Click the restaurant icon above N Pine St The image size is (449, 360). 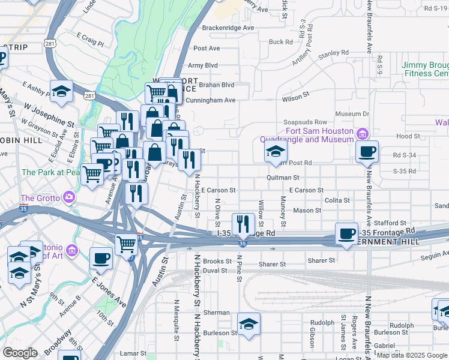pyautogui.click(x=243, y=224)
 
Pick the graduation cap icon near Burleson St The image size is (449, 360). pyautogui.click(x=249, y=323)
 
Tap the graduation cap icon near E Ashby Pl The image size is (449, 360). pyautogui.click(x=61, y=91)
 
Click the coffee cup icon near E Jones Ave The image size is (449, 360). pyautogui.click(x=101, y=259)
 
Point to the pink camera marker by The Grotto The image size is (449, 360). pyautogui.click(x=69, y=197)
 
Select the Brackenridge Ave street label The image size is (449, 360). pyautogui.click(x=228, y=28)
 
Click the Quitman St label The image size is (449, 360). pyautogui.click(x=283, y=178)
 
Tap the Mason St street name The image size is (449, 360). pyautogui.click(x=307, y=211)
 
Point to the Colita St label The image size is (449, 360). pyautogui.click(x=336, y=200)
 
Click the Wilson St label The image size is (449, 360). pyautogui.click(x=295, y=95)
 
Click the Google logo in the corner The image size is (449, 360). pyautogui.click(x=20, y=353)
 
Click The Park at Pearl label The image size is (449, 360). pyautogui.click(x=51, y=172)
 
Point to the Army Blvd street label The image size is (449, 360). pyautogui.click(x=203, y=65)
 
